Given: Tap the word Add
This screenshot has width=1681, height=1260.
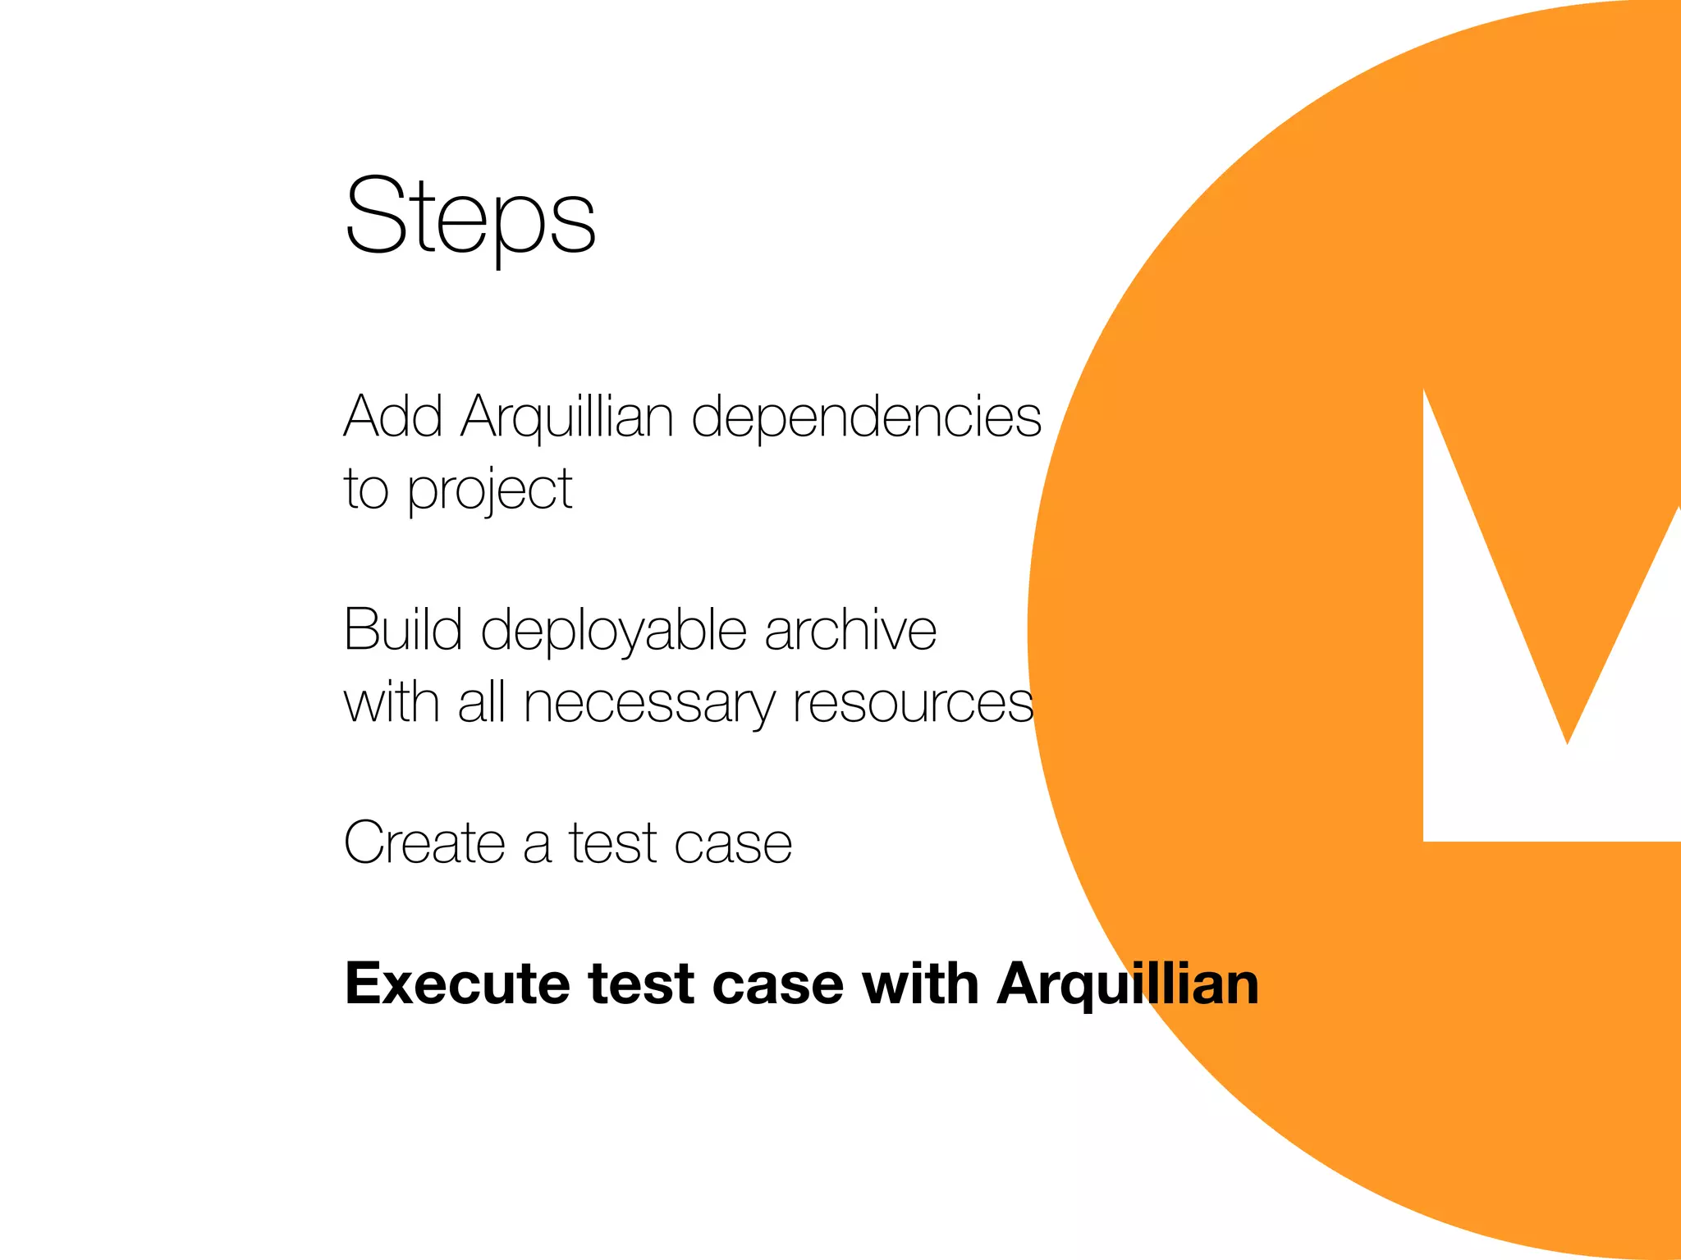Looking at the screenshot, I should pos(393,416).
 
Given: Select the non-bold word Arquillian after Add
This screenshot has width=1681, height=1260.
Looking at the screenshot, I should pos(567,418).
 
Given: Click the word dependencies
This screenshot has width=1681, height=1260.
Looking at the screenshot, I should pos(866,418).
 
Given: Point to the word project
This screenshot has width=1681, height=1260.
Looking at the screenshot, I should pos(490,491).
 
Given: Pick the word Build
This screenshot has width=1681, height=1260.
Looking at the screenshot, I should pos(403,629).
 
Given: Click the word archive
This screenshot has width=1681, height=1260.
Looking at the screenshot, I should pos(850,629).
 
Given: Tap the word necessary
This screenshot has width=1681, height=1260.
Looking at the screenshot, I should pos(649,704).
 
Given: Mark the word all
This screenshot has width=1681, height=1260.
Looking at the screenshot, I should pos(481,702).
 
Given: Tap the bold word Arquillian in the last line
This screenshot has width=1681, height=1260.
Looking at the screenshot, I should pos(1128,984).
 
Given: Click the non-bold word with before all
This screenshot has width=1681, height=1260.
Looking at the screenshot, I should pos(392,702).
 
